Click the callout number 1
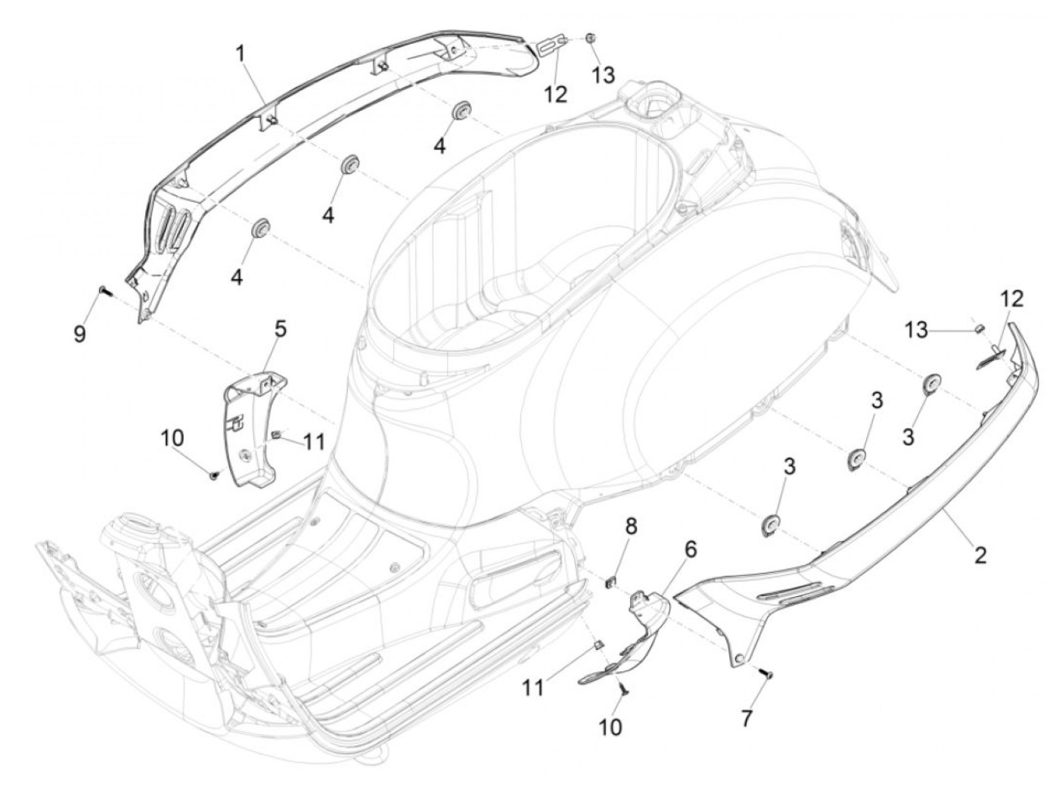click(x=240, y=53)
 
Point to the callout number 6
click(x=691, y=548)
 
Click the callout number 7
click(x=747, y=717)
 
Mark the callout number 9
click(x=79, y=334)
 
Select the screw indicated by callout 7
click(x=768, y=673)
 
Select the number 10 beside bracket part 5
click(x=172, y=437)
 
